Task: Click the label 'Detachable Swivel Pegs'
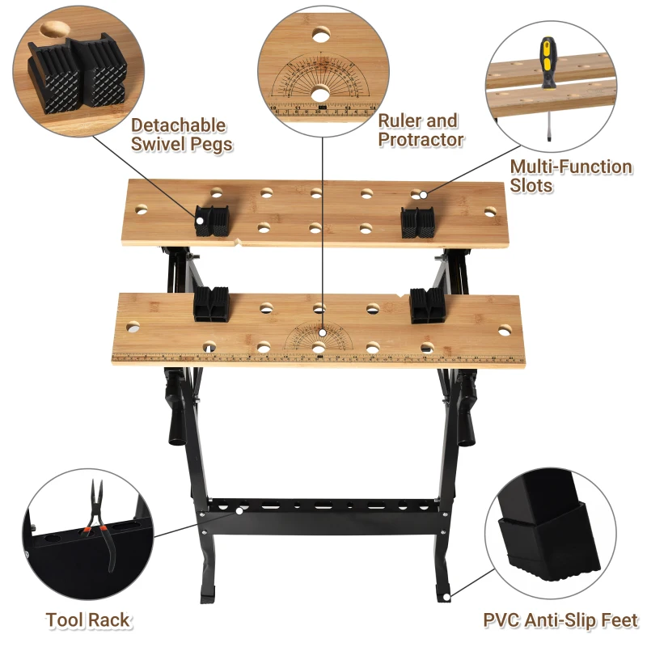tap(181, 134)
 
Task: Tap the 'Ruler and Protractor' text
tap(421, 130)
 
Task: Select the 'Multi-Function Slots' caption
tap(571, 175)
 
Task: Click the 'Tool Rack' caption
tap(88, 620)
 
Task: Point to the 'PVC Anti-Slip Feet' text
tap(560, 620)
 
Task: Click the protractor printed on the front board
tap(319, 336)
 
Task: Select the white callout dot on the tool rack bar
tap(239, 511)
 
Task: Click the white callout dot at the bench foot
tap(446, 598)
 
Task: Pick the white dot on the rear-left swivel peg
tap(200, 221)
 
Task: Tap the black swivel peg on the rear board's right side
tap(417, 223)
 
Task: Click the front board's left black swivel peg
tap(211, 304)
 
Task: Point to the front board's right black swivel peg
tap(427, 306)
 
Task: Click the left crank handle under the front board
tap(175, 412)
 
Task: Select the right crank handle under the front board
tap(467, 412)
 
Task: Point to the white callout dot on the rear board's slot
tap(423, 195)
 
